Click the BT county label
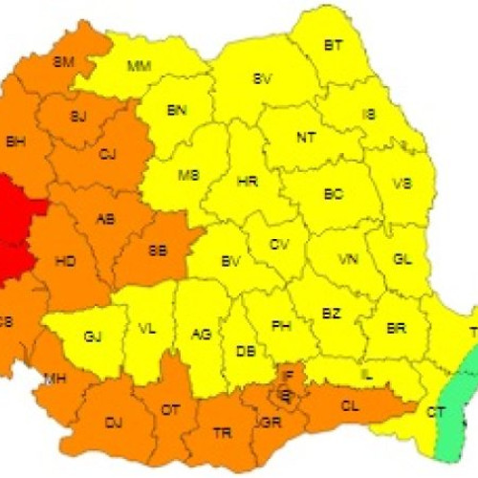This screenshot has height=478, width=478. point(334,45)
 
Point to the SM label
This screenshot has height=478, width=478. point(64,62)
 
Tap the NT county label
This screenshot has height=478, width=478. point(306,137)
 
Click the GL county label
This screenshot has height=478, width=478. point(403,259)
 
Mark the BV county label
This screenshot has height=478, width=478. point(229,260)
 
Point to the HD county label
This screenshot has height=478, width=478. point(67,260)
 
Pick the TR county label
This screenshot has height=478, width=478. point(223,432)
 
